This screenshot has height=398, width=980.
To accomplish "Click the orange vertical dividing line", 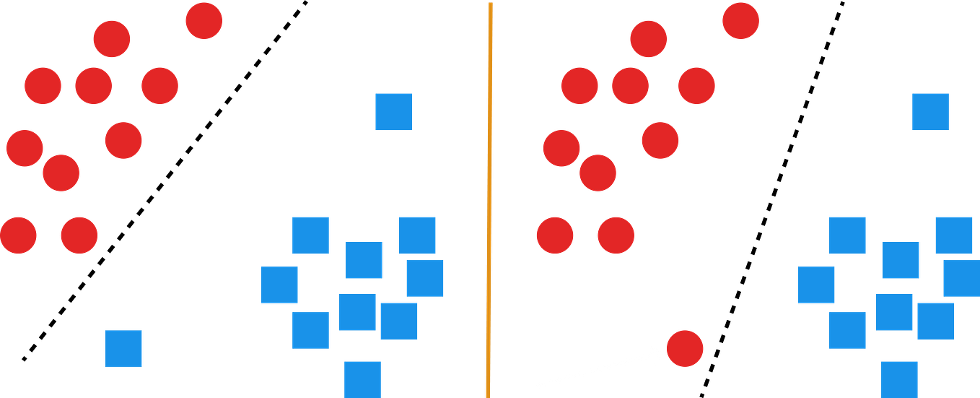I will coord(490,199).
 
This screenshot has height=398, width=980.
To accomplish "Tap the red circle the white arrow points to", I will coord(684,348).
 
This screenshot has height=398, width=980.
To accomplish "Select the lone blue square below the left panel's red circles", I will coord(123,348).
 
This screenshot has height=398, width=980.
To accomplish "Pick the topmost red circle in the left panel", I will coord(204,20).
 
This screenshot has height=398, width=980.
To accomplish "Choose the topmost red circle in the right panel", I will coord(740,20).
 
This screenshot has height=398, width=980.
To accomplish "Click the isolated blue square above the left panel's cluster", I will coord(393,111).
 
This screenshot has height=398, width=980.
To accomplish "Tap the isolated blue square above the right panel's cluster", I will coord(930,111).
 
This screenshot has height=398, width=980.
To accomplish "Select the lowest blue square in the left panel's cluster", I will coord(362,378).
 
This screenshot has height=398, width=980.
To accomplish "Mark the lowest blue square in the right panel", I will coord(900,378).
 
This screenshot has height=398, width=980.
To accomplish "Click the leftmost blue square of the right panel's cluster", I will coord(815,285).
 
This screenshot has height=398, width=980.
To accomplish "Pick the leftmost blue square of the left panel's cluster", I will coord(279,285).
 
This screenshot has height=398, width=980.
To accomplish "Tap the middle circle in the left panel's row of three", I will coord(93,85).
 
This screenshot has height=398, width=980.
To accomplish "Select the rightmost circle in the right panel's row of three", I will coord(696,85).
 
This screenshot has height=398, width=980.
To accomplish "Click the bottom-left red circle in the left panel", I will coord(19,235).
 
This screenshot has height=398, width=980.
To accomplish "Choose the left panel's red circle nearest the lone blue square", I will coord(79,235).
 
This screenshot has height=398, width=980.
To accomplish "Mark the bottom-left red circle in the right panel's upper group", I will coord(555,235).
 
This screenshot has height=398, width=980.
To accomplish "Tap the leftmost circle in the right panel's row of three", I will coord(579,85).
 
